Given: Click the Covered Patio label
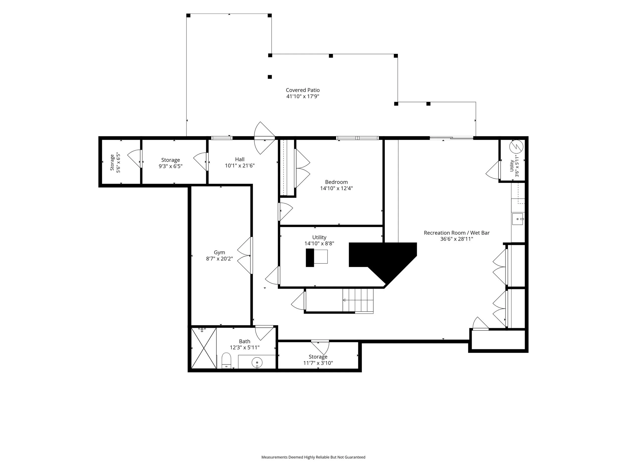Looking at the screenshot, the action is [x=303, y=90].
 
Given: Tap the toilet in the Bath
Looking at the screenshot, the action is [x=226, y=360].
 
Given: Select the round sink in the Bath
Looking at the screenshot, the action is [x=257, y=363].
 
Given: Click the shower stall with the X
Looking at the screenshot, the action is [x=204, y=348].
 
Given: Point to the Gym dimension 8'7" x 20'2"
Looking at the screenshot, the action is [x=219, y=258].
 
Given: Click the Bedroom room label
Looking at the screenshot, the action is [x=337, y=182].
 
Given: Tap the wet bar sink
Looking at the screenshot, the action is [x=518, y=219].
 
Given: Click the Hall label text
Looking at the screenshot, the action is [x=240, y=159].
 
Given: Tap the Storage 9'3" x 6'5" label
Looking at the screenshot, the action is [x=170, y=163].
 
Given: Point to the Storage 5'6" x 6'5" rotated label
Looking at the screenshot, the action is [x=115, y=163].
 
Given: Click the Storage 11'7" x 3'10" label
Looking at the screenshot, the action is [x=318, y=360].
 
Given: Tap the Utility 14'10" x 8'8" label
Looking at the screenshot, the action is [x=319, y=240].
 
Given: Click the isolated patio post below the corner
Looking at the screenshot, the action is [x=270, y=77].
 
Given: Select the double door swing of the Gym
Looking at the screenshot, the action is [x=244, y=255].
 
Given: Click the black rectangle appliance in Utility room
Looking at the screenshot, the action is [x=310, y=257].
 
